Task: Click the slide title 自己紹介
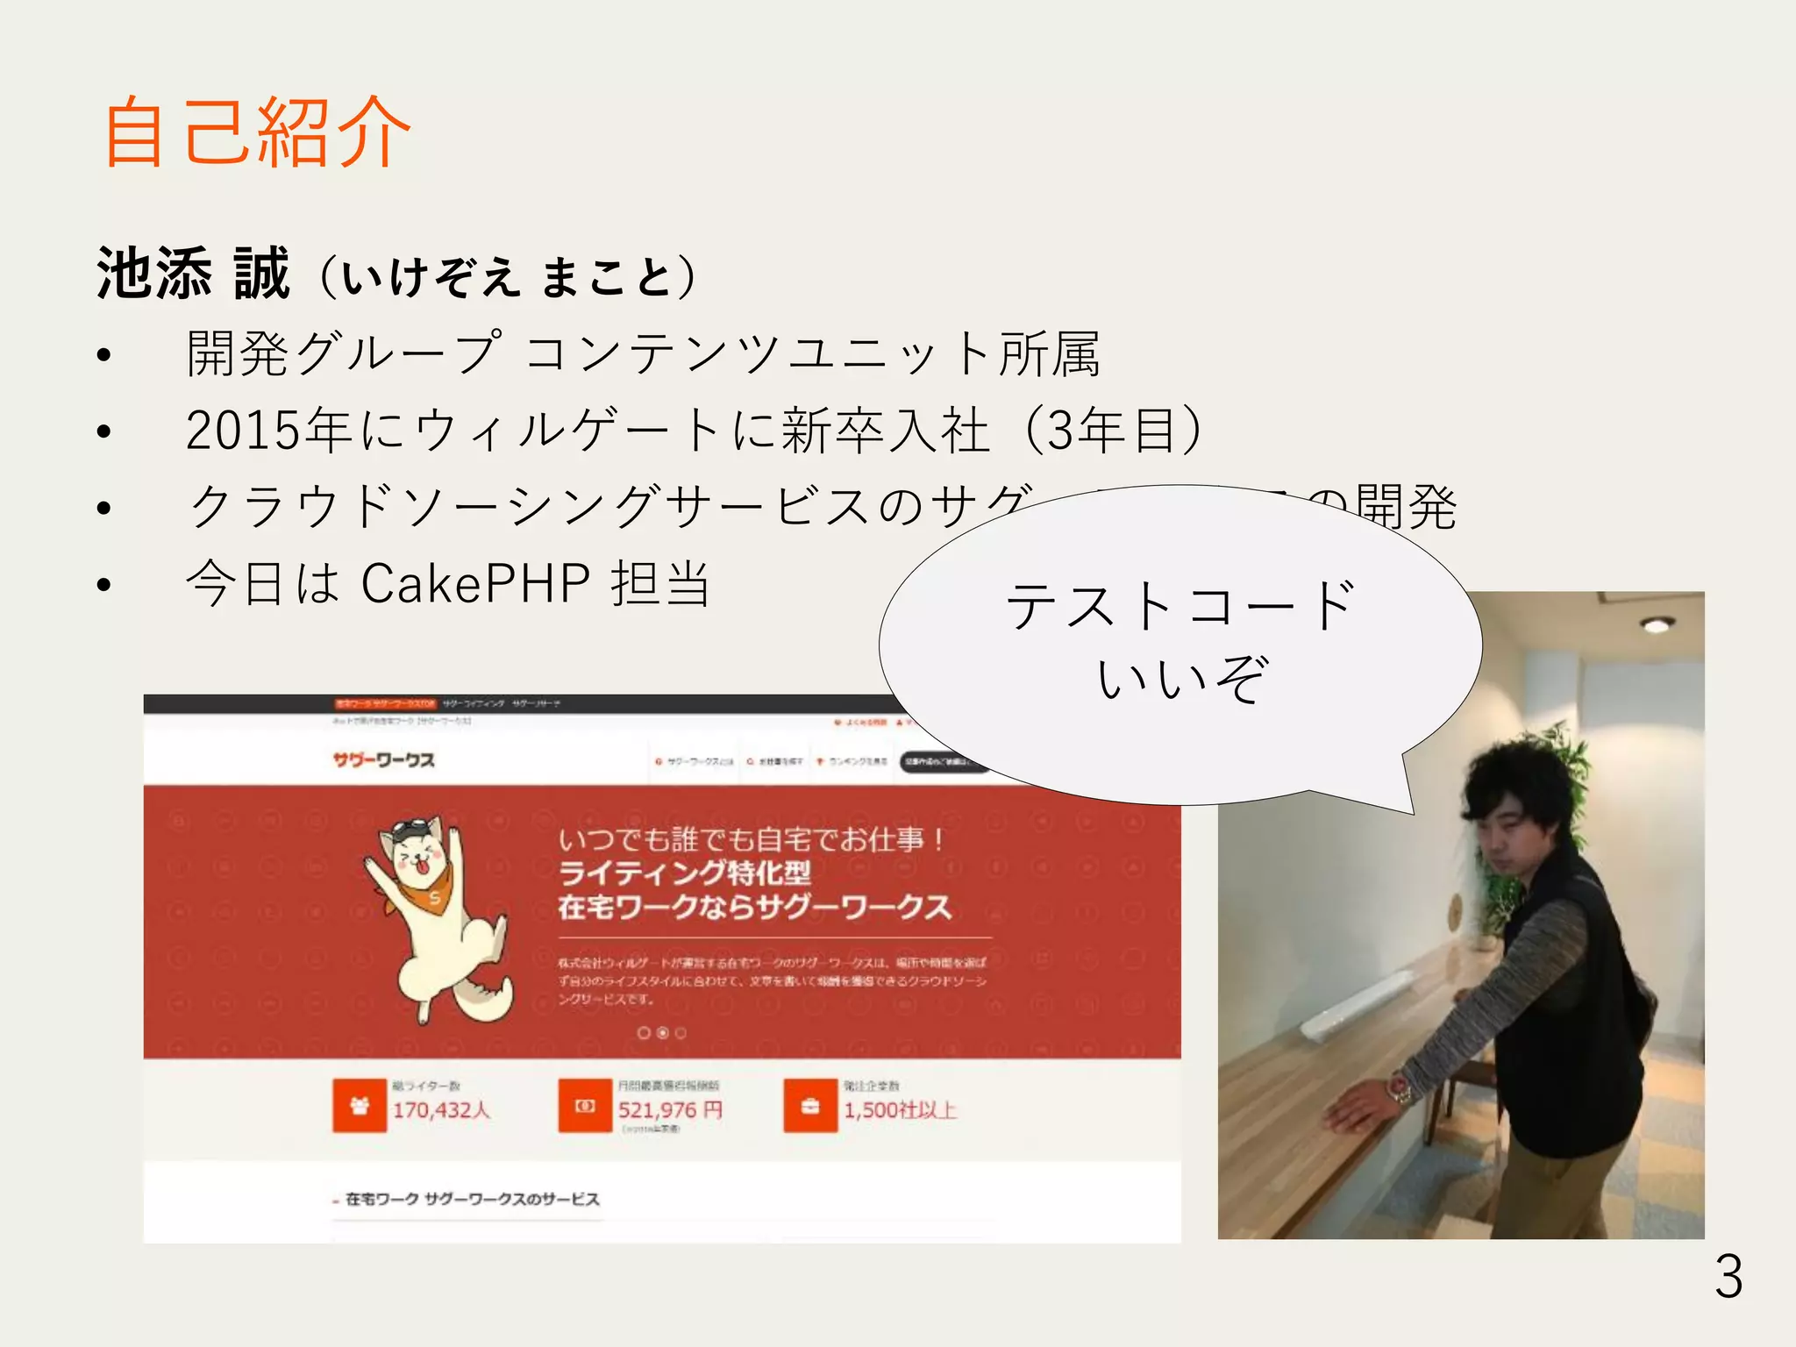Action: pos(257,132)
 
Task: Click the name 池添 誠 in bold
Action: pos(193,274)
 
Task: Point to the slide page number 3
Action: pos(1728,1277)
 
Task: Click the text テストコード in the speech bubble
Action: pos(1180,605)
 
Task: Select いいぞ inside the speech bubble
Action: pos(1181,678)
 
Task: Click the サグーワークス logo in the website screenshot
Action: pos(383,759)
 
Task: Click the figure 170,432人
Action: pos(441,1110)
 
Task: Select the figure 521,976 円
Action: pos(670,1110)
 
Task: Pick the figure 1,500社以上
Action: pos(900,1110)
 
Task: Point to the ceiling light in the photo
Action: pos(1657,624)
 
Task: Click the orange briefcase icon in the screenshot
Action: pos(809,1106)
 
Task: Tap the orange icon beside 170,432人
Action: pos(359,1106)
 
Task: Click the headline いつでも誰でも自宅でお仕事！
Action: pos(752,839)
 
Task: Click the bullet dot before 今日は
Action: pos(104,585)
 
